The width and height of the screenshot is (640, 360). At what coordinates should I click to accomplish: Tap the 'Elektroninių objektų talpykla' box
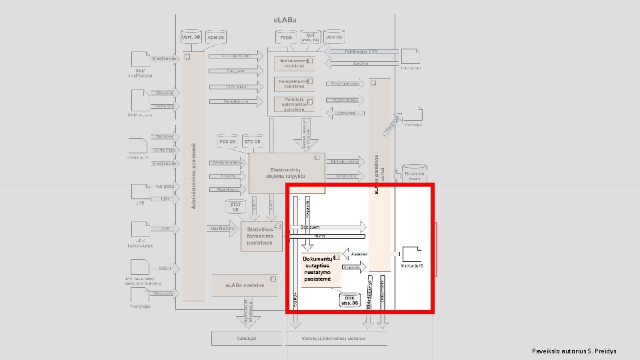tap(287, 173)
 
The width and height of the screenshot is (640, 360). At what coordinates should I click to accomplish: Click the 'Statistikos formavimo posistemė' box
tap(262, 235)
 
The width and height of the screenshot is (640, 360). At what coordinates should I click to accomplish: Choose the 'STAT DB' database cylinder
tap(235, 207)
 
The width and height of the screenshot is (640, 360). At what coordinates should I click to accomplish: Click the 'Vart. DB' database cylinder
tap(192, 38)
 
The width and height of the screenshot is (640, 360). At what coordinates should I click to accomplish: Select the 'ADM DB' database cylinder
tap(217, 38)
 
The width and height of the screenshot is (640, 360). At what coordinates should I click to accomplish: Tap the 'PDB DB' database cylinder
tap(228, 142)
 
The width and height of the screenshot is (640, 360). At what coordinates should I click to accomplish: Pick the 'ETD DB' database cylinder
tap(253, 142)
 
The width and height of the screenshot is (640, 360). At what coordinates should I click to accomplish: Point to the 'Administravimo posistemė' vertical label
tap(194, 173)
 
